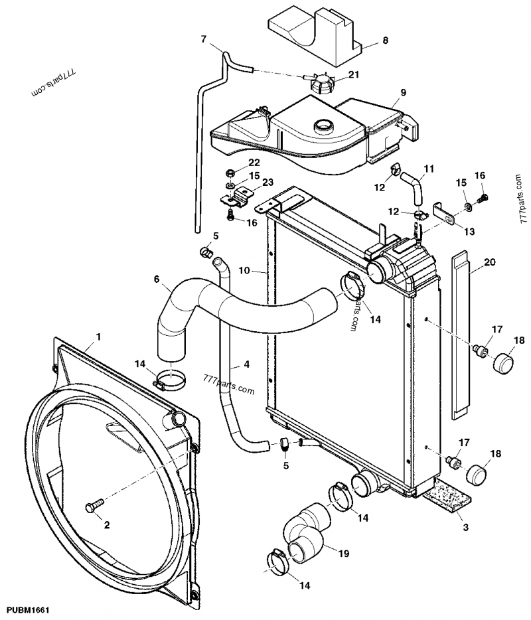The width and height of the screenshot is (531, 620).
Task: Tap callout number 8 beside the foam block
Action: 384,41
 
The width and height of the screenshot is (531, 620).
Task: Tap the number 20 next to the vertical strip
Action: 490,262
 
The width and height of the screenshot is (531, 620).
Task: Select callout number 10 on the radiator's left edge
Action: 244,271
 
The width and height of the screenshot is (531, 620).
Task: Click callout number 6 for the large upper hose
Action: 157,279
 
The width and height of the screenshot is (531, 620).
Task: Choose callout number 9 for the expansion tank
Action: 403,92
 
